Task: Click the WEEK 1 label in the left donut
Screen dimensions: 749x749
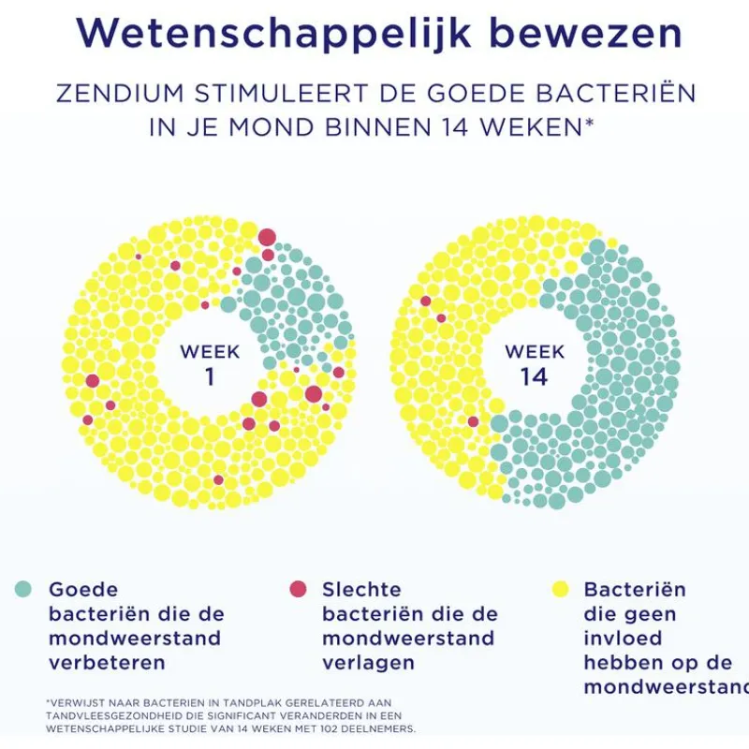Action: coord(210,365)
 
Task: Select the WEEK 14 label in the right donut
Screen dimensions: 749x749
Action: coord(535,365)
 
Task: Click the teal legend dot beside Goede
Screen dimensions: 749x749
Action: coord(23,589)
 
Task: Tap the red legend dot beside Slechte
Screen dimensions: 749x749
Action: coord(298,589)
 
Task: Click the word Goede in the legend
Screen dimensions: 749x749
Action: coord(83,590)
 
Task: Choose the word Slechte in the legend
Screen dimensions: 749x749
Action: coord(361,590)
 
